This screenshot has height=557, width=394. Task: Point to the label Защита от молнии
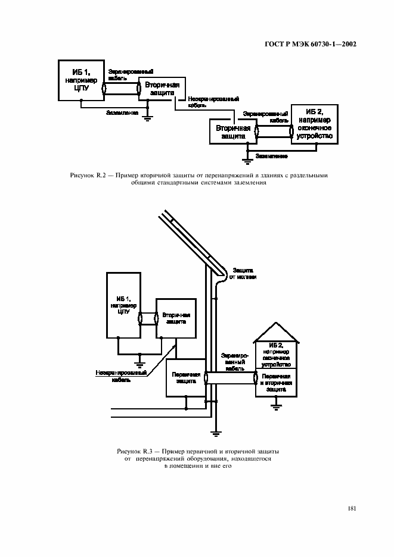click(244, 273)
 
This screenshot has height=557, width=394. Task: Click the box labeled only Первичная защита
click(185, 378)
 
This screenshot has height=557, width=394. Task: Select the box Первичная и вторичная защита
click(275, 381)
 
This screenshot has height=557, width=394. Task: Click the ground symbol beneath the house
click(275, 407)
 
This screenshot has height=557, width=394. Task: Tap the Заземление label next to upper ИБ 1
click(123, 112)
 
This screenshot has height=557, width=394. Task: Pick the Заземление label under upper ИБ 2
click(271, 156)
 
